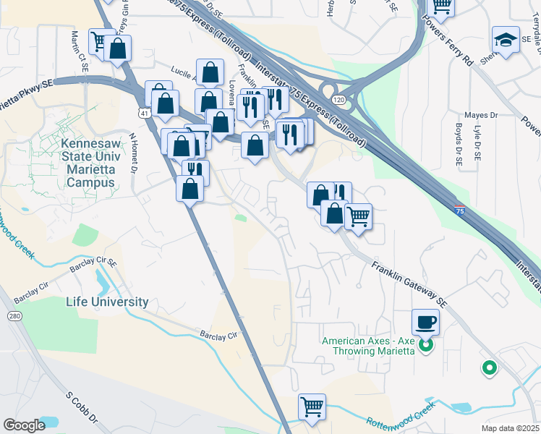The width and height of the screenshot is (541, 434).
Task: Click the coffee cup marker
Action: [425, 322]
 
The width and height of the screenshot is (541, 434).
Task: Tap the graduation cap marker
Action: [506, 40]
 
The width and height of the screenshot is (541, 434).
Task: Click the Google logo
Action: [24, 425]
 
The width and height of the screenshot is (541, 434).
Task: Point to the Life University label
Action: [107, 302]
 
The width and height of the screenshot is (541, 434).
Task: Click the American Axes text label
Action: [368, 346]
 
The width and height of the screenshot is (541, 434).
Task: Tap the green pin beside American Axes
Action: [426, 346]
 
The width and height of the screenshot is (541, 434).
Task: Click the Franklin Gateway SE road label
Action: [406, 283]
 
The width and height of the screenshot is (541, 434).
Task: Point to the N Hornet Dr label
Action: [133, 151]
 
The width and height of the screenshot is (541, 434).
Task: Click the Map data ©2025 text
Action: [508, 427]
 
